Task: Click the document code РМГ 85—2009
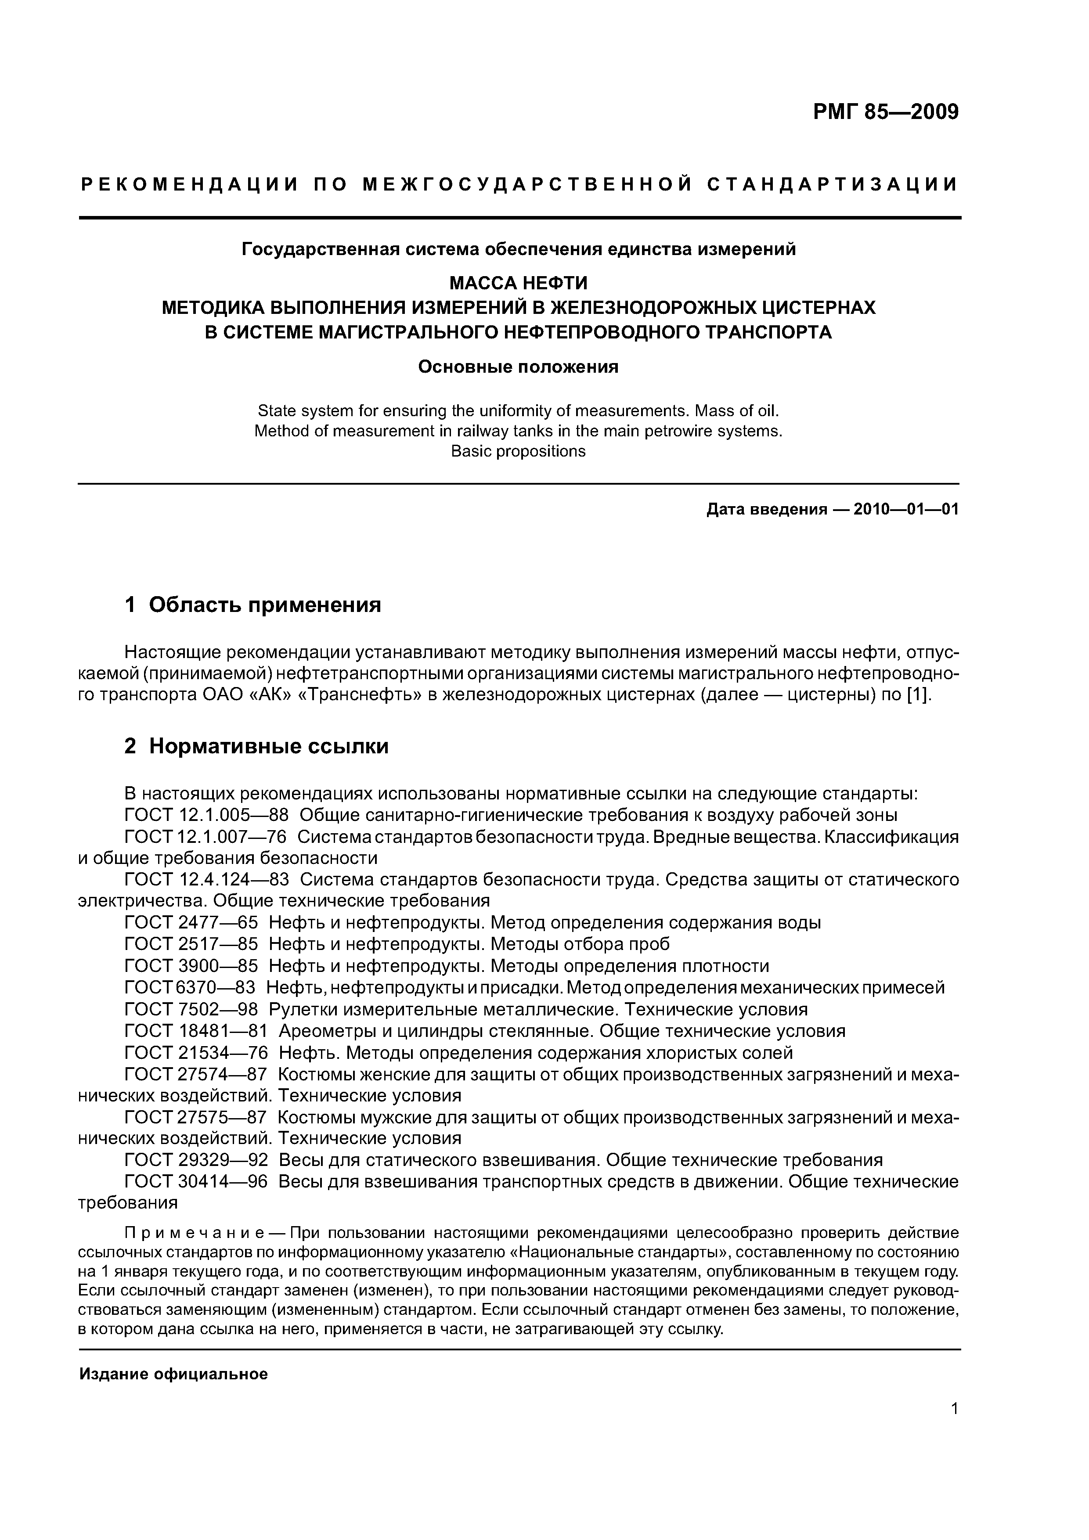[x=886, y=112]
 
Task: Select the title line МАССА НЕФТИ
[x=518, y=282]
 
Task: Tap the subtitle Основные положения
[x=518, y=367]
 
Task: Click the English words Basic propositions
[x=518, y=451]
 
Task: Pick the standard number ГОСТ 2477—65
[x=191, y=923]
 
